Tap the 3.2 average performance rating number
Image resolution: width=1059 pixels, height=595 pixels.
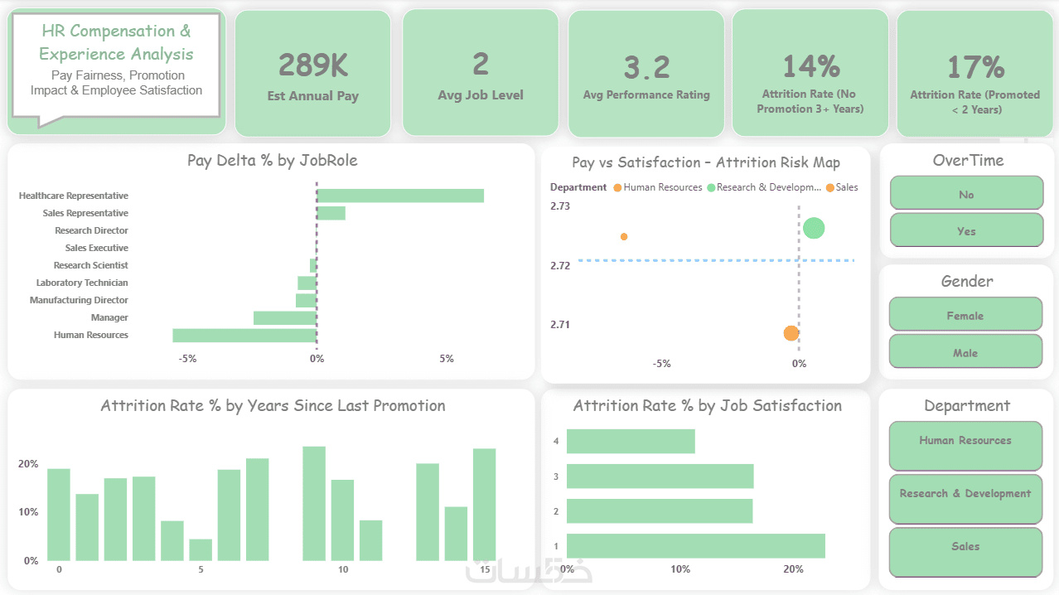646,67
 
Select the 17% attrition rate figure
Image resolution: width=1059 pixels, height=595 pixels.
975,66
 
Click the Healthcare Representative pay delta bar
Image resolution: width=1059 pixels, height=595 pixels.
400,196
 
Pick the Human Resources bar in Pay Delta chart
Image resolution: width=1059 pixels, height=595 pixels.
244,335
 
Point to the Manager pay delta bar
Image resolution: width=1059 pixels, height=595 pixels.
285,317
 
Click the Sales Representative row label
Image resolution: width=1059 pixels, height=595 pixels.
85,213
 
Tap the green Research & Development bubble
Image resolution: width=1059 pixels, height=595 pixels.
814,228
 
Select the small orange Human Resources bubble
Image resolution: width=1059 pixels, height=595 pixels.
624,237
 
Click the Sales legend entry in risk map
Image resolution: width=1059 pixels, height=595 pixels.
846,187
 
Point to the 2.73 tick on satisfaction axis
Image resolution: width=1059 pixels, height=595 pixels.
560,206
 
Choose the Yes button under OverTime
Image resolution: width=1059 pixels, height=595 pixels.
966,230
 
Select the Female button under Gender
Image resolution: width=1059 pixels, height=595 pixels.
965,315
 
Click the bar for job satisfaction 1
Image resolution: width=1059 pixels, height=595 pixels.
696,545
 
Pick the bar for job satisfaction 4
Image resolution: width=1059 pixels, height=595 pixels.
631,441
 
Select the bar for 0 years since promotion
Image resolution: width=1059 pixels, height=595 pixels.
59,514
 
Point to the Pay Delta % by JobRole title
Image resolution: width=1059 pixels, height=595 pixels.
272,161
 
